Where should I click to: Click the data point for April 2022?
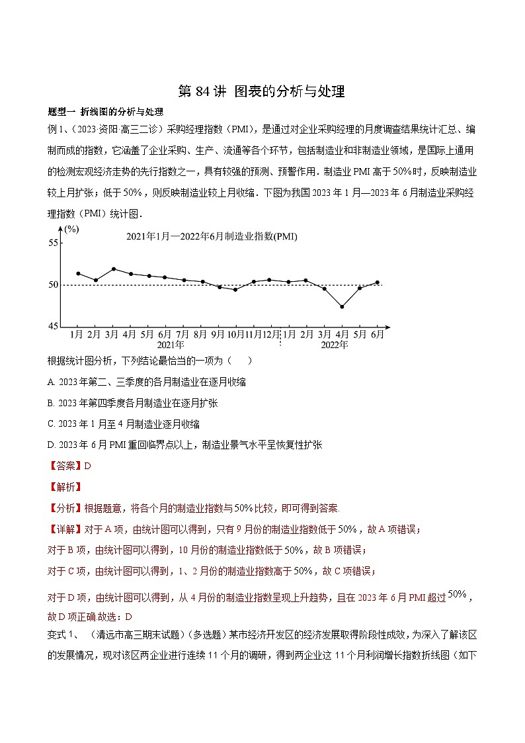click(342, 306)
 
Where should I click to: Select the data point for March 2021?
click(114, 269)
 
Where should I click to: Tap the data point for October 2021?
click(235, 289)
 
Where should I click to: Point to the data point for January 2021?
click(78, 273)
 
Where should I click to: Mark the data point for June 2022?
click(378, 283)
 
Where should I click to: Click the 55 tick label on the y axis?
click(53, 243)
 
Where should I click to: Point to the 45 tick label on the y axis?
click(53, 326)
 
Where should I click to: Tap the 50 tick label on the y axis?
click(53, 285)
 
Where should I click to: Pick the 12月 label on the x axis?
click(271, 334)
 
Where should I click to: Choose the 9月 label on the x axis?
click(218, 334)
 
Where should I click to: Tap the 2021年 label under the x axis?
click(171, 345)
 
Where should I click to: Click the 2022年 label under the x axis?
click(334, 345)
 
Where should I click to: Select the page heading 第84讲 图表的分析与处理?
click(262, 92)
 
